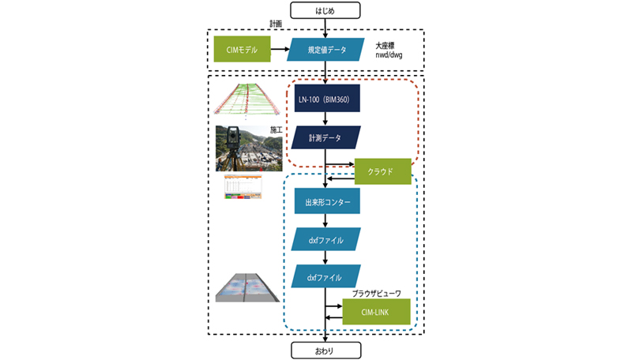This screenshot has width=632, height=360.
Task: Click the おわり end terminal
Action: (x=325, y=349)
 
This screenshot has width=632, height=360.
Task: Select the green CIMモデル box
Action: (x=240, y=51)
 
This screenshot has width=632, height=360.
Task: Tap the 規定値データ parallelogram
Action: (x=326, y=51)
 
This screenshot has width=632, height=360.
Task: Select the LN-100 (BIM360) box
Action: (x=326, y=99)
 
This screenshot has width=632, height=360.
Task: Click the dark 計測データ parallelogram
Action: (x=326, y=138)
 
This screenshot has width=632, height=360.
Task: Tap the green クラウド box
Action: (x=383, y=171)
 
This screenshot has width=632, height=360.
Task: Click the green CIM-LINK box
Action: (x=377, y=312)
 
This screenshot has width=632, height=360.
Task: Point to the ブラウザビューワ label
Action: (x=376, y=293)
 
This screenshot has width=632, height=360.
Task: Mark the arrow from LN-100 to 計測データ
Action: (x=325, y=118)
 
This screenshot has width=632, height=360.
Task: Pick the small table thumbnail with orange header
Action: (x=243, y=187)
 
